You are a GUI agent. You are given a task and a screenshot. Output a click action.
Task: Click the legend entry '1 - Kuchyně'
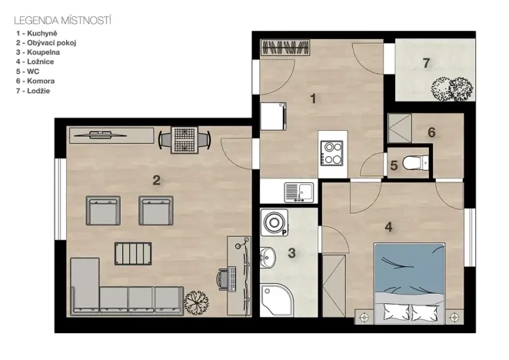pos(37,33)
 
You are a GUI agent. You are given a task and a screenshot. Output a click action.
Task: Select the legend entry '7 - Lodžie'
pos(33,91)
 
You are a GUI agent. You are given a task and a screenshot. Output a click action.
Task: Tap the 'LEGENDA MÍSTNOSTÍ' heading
pos(62,21)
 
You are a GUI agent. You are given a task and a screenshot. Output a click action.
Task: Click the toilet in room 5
pos(415,162)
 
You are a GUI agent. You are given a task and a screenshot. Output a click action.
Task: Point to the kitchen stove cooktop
pos(331,153)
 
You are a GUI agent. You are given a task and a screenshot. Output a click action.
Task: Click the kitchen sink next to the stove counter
pos(299,192)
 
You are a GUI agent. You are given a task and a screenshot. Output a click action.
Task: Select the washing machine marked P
pos(274,222)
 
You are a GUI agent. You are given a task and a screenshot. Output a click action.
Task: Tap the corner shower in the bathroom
pos(276,300)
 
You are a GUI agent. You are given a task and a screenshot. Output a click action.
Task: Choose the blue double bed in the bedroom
pos(409,283)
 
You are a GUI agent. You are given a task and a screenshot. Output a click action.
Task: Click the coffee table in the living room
pos(133,254)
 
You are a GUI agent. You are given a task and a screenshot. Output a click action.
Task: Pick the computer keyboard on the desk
pos(232,278)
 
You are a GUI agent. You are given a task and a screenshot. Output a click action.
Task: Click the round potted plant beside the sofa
pos(196,303)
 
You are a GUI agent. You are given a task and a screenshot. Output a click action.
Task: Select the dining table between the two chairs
pos(185,140)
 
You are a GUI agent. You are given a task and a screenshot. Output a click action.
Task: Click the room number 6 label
pos(431,132)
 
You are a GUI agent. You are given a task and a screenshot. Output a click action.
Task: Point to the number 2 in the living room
pos(156,180)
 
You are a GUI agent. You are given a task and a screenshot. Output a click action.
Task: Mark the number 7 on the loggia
pos(426,63)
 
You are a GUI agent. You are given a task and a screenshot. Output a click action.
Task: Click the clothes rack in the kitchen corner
pos(285,48)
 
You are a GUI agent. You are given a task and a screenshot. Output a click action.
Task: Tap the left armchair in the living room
pos(103,211)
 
